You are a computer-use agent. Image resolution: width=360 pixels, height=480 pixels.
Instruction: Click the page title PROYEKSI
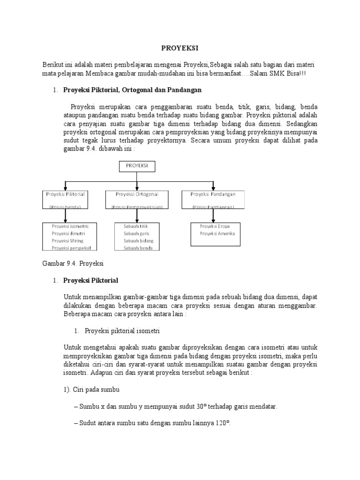(180, 48)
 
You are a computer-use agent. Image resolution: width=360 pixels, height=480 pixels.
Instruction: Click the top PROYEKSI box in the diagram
(136, 166)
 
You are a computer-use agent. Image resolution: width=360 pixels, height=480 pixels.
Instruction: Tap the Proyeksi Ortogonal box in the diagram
(136, 199)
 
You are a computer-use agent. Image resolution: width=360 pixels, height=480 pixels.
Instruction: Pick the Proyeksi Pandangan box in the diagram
(213, 199)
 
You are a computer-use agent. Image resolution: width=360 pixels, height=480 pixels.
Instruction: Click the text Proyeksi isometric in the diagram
(70, 226)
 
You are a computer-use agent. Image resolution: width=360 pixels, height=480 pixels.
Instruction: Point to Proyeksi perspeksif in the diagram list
(71, 248)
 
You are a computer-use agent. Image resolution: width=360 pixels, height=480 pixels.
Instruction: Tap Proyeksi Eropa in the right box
(214, 226)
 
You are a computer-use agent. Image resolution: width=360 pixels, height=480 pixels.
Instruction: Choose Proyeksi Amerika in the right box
(217, 233)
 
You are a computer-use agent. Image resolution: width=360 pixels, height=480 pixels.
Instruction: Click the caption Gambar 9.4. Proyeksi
(73, 263)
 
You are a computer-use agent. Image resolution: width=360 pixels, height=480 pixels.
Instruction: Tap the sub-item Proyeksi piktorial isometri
(122, 330)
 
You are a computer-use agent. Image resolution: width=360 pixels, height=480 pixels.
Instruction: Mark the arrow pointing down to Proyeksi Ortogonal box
(136, 185)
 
